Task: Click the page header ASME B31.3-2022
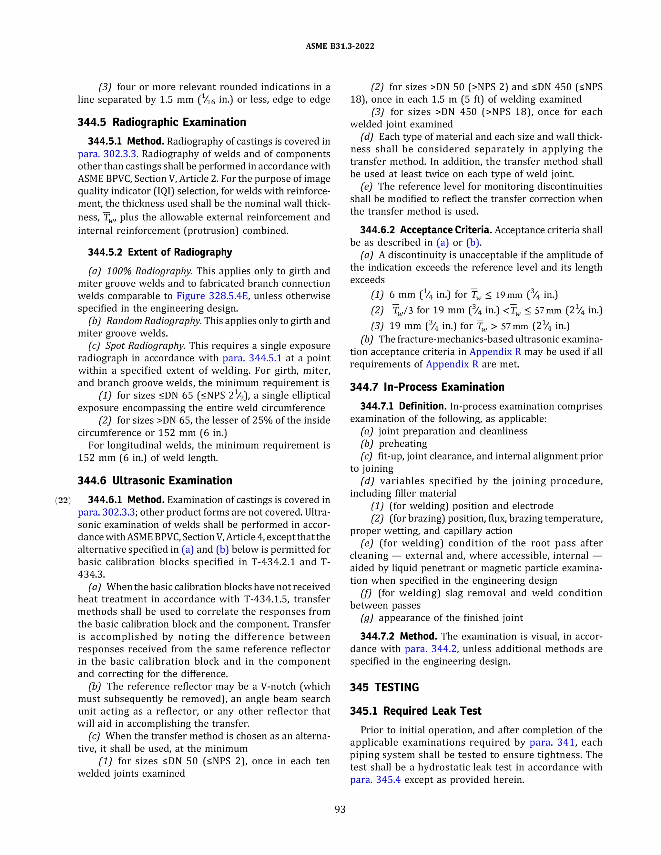click(340, 46)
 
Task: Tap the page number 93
click(340, 809)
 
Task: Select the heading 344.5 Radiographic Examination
click(162, 122)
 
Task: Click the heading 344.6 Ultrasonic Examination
click(155, 480)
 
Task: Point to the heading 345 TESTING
click(384, 688)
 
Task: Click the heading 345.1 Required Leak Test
click(415, 710)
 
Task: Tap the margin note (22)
click(63, 500)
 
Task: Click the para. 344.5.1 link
click(252, 358)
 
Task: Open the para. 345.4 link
click(375, 780)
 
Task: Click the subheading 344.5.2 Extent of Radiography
click(160, 252)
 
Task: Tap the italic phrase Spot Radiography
click(145, 346)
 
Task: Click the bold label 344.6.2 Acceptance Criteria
click(426, 230)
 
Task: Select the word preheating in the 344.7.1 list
click(402, 444)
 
